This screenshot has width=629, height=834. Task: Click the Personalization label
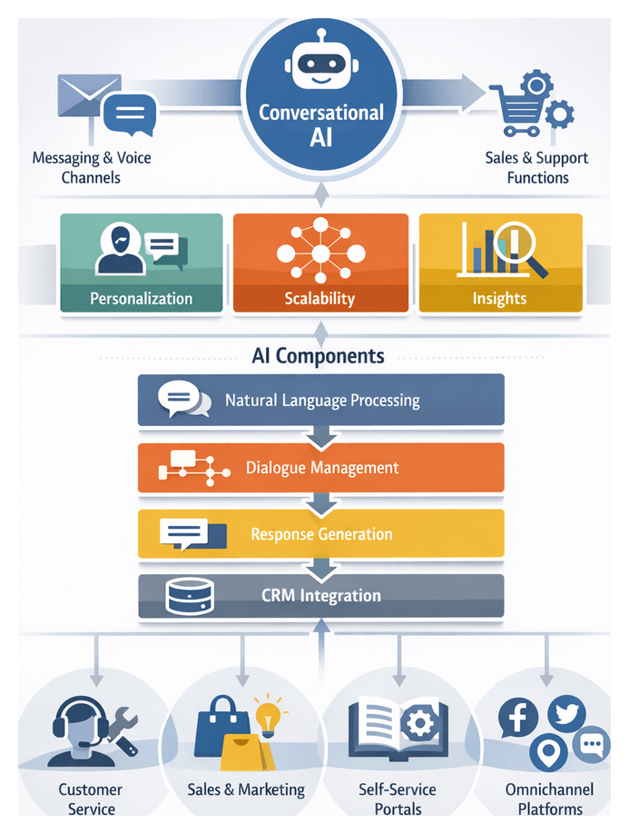pyautogui.click(x=142, y=298)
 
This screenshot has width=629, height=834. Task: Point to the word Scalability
pyautogui.click(x=319, y=298)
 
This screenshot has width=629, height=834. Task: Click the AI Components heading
pyautogui.click(x=318, y=356)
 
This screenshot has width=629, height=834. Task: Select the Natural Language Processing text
pyautogui.click(x=322, y=400)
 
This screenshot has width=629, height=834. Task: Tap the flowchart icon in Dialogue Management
pyautogui.click(x=193, y=467)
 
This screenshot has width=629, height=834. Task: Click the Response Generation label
pyautogui.click(x=321, y=534)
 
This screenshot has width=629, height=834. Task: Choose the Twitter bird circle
pyautogui.click(x=566, y=713)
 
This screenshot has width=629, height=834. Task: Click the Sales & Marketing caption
pyautogui.click(x=246, y=789)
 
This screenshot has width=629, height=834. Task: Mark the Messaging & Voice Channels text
pyautogui.click(x=92, y=167)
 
